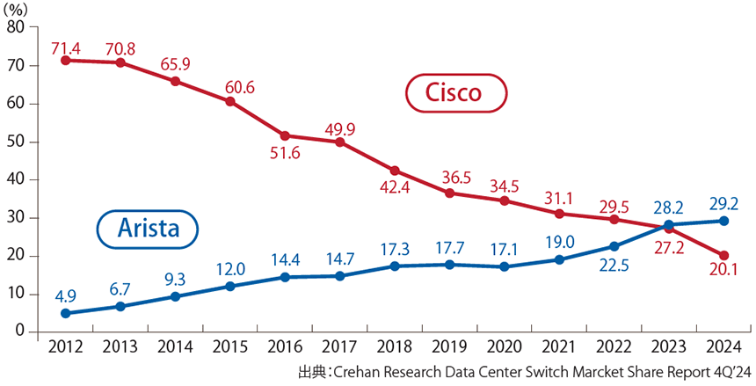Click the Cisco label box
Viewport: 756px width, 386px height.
(454, 92)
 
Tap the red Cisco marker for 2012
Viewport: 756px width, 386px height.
(65, 61)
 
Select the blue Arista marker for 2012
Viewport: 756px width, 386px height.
(65, 313)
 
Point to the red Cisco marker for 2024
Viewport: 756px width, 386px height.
(723, 255)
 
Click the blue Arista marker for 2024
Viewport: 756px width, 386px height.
(723, 221)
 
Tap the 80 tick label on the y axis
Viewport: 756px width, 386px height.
(16, 27)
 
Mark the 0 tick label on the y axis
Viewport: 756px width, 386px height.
(20, 331)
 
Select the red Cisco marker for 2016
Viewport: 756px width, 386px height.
(285, 135)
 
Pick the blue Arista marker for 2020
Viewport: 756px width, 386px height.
(504, 266)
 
